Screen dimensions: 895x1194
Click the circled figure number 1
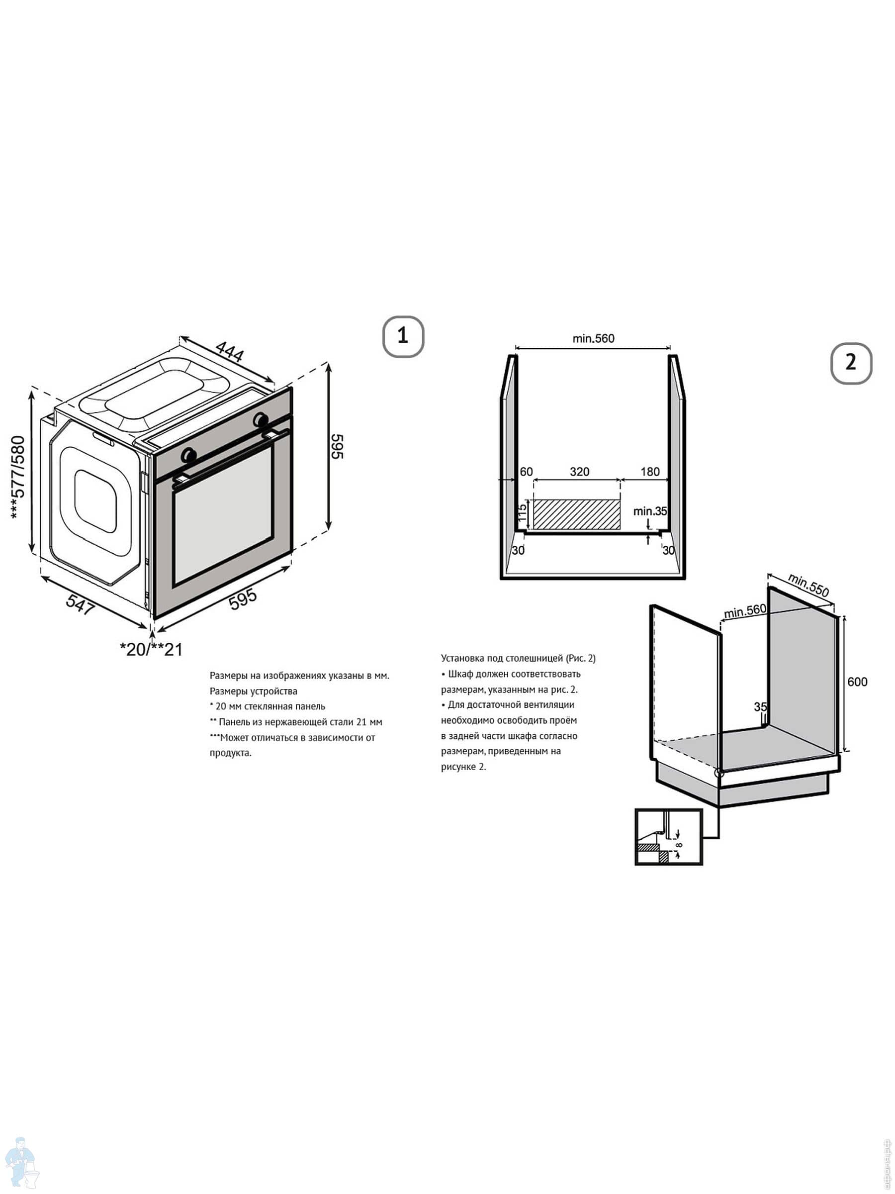click(x=403, y=336)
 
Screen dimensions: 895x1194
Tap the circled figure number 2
click(x=851, y=363)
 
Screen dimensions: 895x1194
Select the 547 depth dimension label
click(x=81, y=604)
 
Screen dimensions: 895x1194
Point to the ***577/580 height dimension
click(x=18, y=478)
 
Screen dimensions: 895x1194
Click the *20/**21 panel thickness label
click(x=151, y=649)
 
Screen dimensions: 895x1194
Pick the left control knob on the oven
click(x=188, y=455)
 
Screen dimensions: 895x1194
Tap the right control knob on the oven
click(x=261, y=418)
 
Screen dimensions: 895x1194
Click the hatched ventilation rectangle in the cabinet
click(x=577, y=514)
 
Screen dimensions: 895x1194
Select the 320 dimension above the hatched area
click(x=579, y=472)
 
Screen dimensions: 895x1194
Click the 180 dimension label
click(x=650, y=472)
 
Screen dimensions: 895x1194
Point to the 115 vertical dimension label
click(x=522, y=513)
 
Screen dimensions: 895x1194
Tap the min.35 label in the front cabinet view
click(x=650, y=510)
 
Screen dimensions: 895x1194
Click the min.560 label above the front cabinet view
click(x=593, y=338)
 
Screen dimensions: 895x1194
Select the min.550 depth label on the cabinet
click(x=808, y=585)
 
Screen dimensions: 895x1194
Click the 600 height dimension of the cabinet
click(x=857, y=682)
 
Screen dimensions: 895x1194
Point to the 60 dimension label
click(x=526, y=472)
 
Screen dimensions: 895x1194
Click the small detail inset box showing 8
click(x=669, y=837)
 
